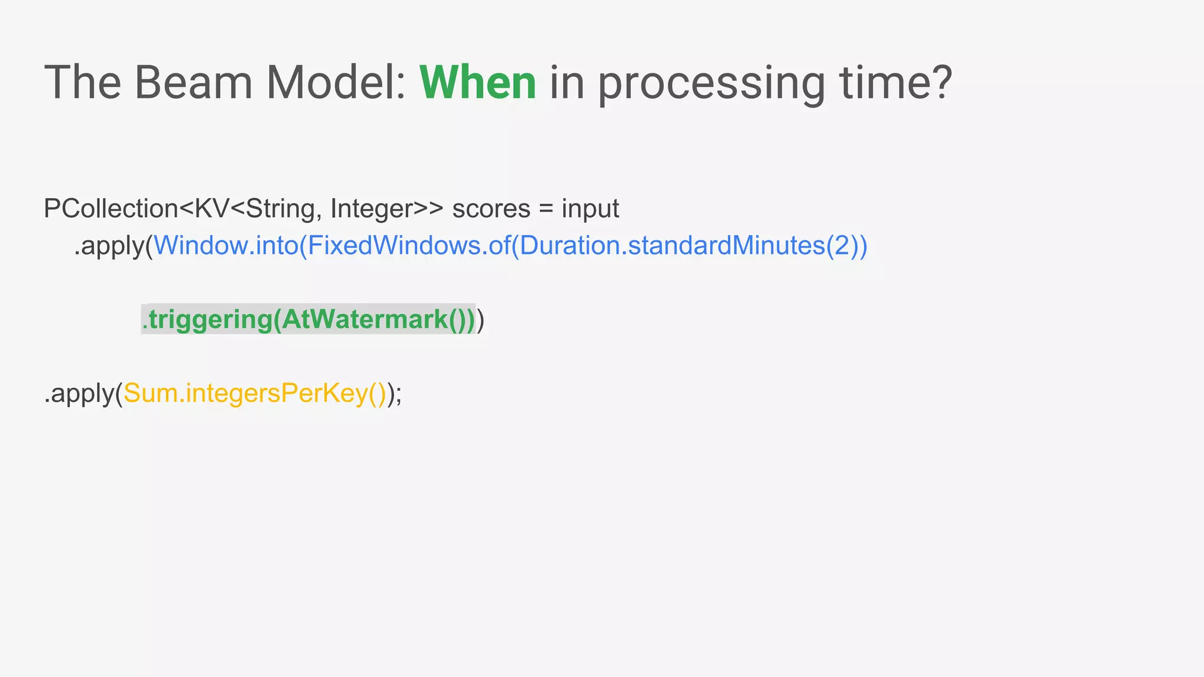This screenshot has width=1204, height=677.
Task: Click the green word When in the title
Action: pyautogui.click(x=477, y=82)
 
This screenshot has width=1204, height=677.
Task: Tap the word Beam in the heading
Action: pyautogui.click(x=193, y=82)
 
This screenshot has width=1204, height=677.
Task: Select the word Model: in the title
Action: pyautogui.click(x=336, y=82)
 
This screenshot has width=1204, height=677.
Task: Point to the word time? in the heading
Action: pyautogui.click(x=896, y=82)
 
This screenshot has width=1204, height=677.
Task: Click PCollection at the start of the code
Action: pyautogui.click(x=111, y=209)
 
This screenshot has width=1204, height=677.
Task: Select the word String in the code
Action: pyautogui.click(x=280, y=209)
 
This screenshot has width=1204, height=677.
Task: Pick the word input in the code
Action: pyautogui.click(x=590, y=209)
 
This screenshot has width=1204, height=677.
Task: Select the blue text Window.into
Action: pyautogui.click(x=226, y=246)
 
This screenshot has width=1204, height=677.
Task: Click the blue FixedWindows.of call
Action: pyautogui.click(x=409, y=246)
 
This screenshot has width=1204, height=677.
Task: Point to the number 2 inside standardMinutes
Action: pyautogui.click(x=842, y=246)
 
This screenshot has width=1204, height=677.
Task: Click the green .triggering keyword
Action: pyautogui.click(x=207, y=320)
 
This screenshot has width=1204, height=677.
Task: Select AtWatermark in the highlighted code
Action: pyautogui.click(x=364, y=320)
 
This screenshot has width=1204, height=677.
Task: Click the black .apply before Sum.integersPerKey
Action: pyautogui.click(x=79, y=393)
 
